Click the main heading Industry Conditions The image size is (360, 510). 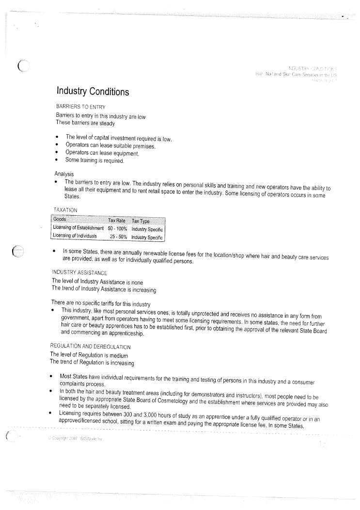93,91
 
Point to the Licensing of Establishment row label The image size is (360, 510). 78,228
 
